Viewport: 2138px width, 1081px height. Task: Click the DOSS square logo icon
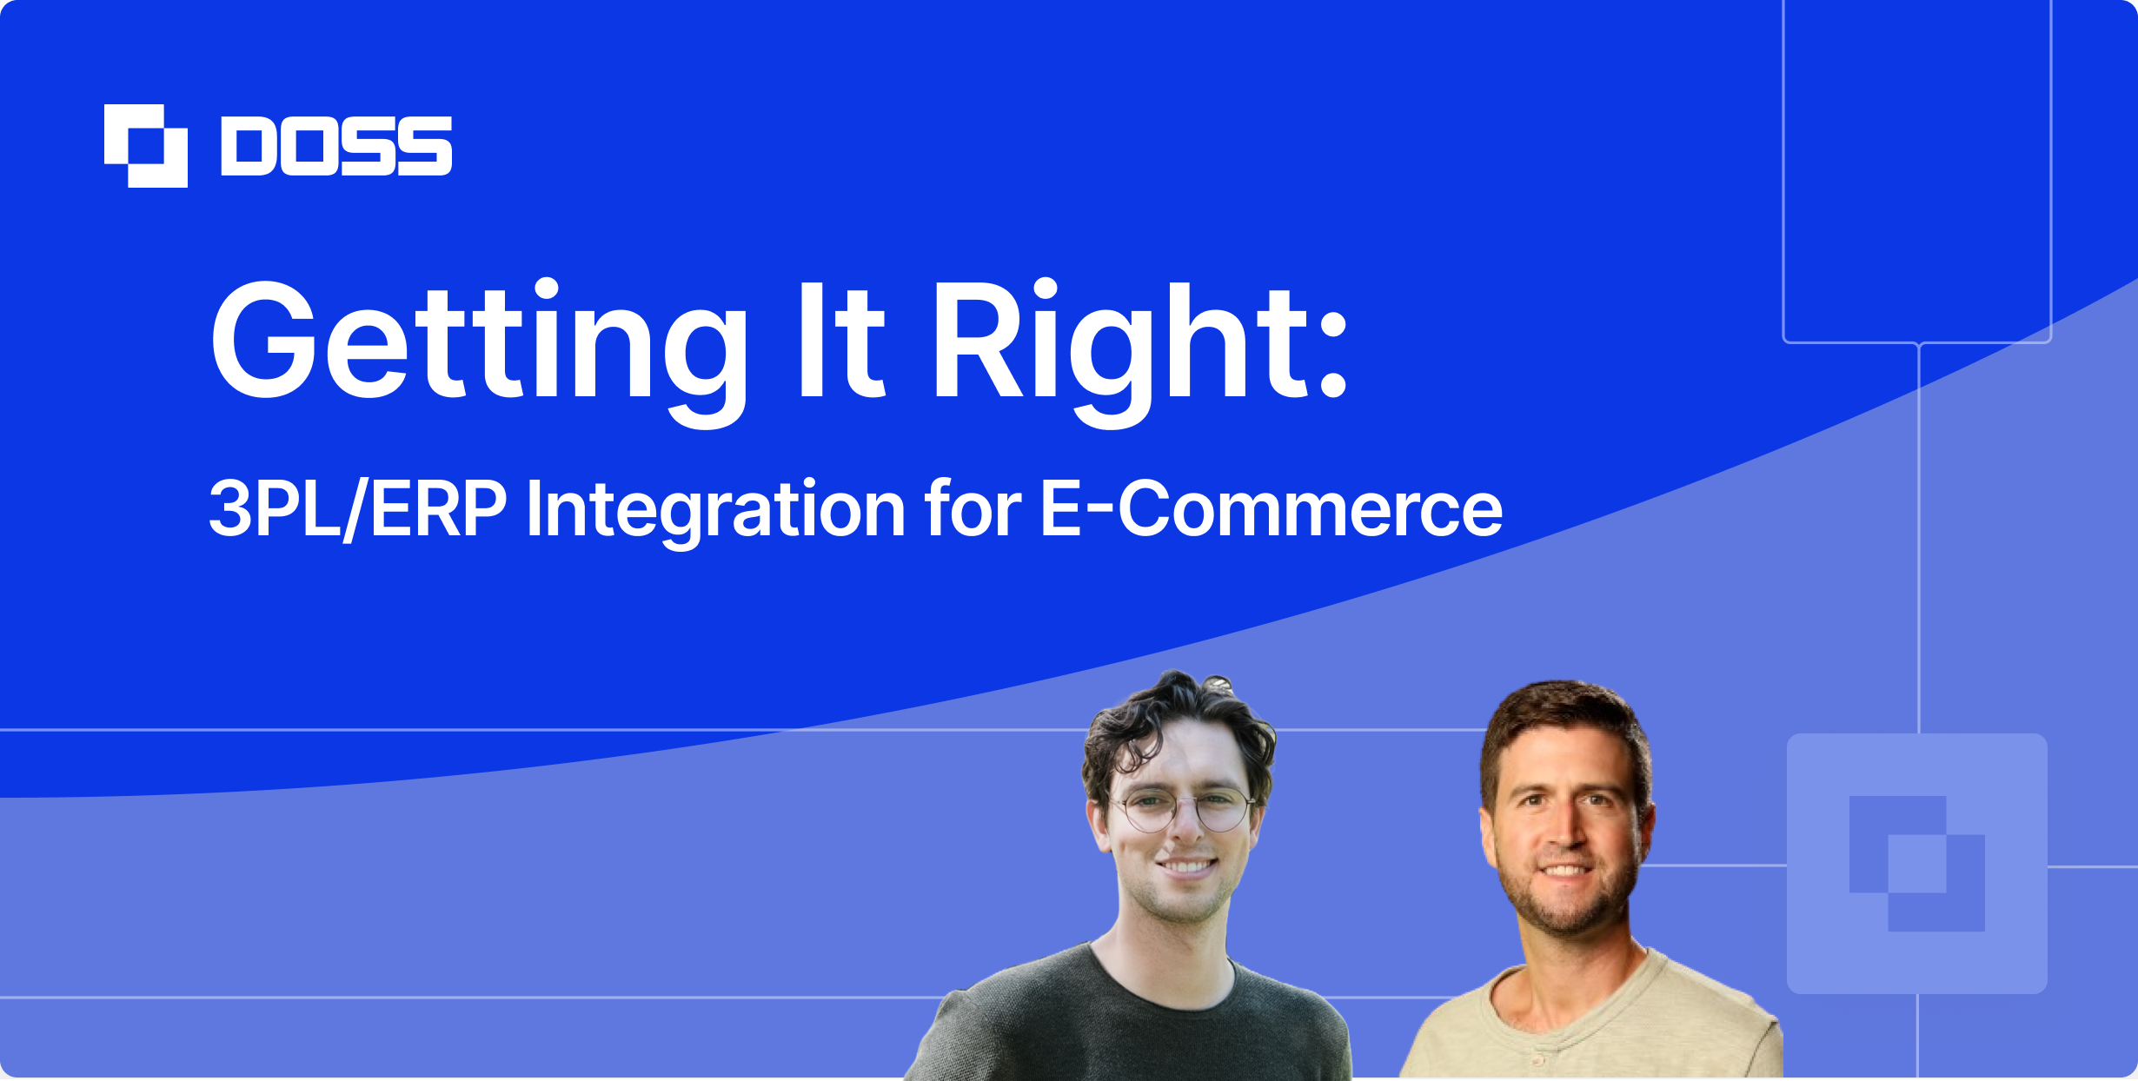[x=146, y=146]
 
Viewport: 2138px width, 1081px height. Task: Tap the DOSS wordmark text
[x=337, y=146]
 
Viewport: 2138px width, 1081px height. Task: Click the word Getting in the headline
[x=479, y=352]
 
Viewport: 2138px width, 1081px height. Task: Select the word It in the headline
[x=841, y=340]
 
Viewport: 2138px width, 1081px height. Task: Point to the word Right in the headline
[x=1122, y=352]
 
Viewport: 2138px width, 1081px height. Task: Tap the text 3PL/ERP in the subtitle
[x=358, y=509]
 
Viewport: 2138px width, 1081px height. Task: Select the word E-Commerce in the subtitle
[x=1272, y=508]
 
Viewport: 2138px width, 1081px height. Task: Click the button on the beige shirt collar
[x=1538, y=1061]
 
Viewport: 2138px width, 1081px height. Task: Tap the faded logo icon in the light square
[x=1917, y=864]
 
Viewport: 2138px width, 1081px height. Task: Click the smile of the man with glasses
[x=1187, y=866]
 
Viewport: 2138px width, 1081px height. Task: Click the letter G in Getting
[x=264, y=340]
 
